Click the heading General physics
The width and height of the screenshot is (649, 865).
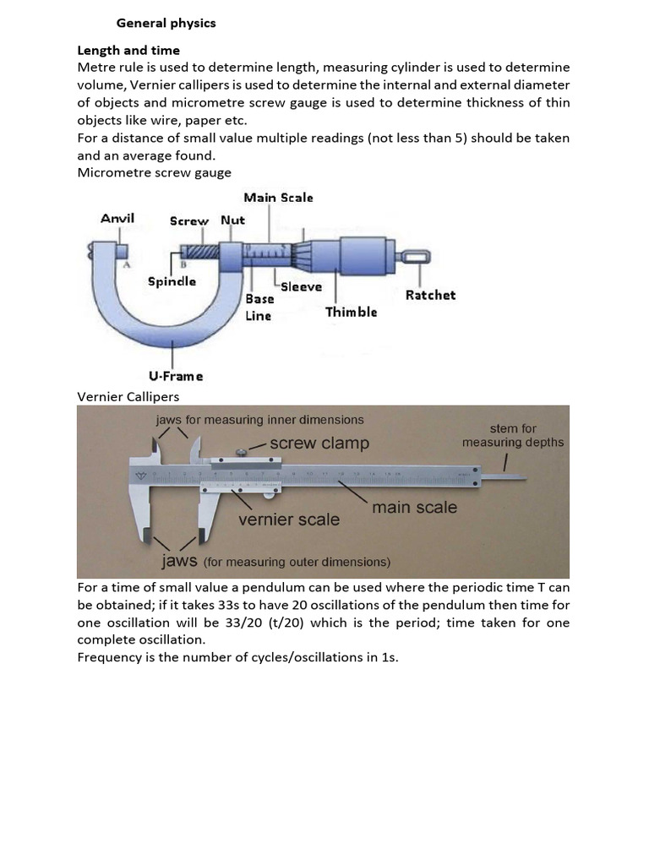coord(166,23)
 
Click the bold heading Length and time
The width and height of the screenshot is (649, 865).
coord(128,50)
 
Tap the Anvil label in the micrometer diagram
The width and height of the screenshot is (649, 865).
coord(117,218)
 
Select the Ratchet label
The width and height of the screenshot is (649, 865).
coord(430,295)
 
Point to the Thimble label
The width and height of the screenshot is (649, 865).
coord(352,312)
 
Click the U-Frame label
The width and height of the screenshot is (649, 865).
coord(176,376)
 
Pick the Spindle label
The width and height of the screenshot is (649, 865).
coord(172,280)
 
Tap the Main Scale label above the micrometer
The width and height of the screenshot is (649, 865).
coord(278,197)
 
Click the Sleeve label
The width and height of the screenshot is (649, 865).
coord(302,286)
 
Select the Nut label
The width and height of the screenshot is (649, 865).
coord(232,220)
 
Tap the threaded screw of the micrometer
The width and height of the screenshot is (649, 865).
coord(200,252)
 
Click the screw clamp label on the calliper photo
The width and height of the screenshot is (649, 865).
coord(319,443)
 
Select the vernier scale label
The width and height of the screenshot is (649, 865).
coord(289,519)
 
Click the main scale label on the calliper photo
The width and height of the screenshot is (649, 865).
coord(414,507)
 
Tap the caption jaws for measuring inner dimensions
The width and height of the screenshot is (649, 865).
coord(259,419)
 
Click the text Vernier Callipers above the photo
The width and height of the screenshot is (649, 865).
coord(128,396)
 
